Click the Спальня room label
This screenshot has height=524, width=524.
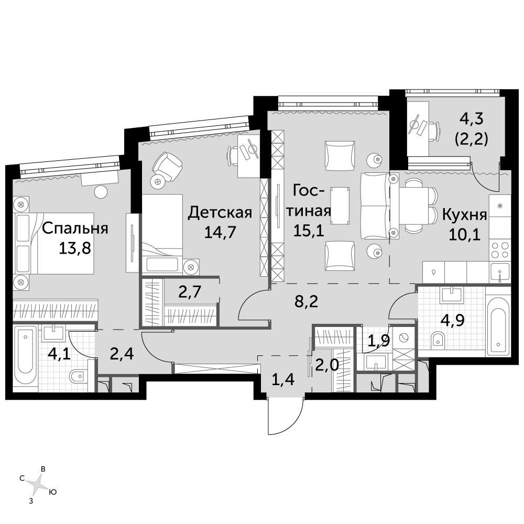[x=75, y=228]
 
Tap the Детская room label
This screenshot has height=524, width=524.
[x=220, y=213]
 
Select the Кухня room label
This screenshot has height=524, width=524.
[x=464, y=215]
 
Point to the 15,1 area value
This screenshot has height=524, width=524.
[x=309, y=230]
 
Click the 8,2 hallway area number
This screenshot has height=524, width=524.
[x=306, y=302]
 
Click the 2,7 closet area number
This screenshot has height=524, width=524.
[x=190, y=292]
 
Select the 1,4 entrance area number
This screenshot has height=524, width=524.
[x=283, y=379]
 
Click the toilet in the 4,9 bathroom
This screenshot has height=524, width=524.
[x=438, y=340]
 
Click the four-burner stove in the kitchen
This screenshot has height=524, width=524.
[x=500, y=249]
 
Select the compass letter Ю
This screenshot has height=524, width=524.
[x=52, y=492]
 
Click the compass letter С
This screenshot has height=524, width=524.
[x=22, y=478]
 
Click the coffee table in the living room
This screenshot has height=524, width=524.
[x=341, y=205]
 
